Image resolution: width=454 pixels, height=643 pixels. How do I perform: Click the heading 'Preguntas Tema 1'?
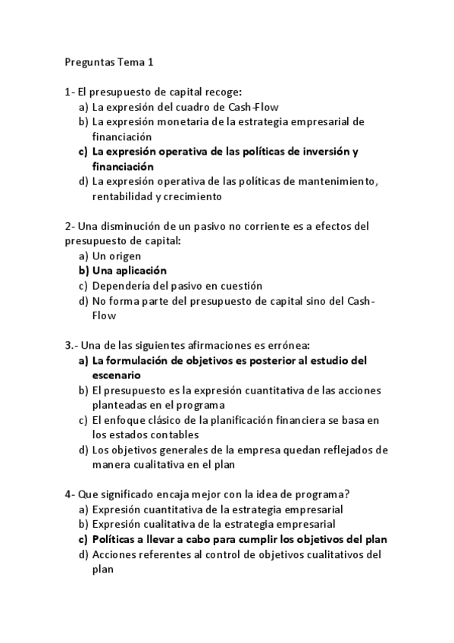tap(109, 62)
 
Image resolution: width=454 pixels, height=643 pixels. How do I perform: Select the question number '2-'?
tap(70, 226)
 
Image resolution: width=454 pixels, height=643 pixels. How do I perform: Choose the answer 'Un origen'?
tap(116, 256)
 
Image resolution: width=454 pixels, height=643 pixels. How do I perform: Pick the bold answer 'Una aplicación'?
tap(129, 271)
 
